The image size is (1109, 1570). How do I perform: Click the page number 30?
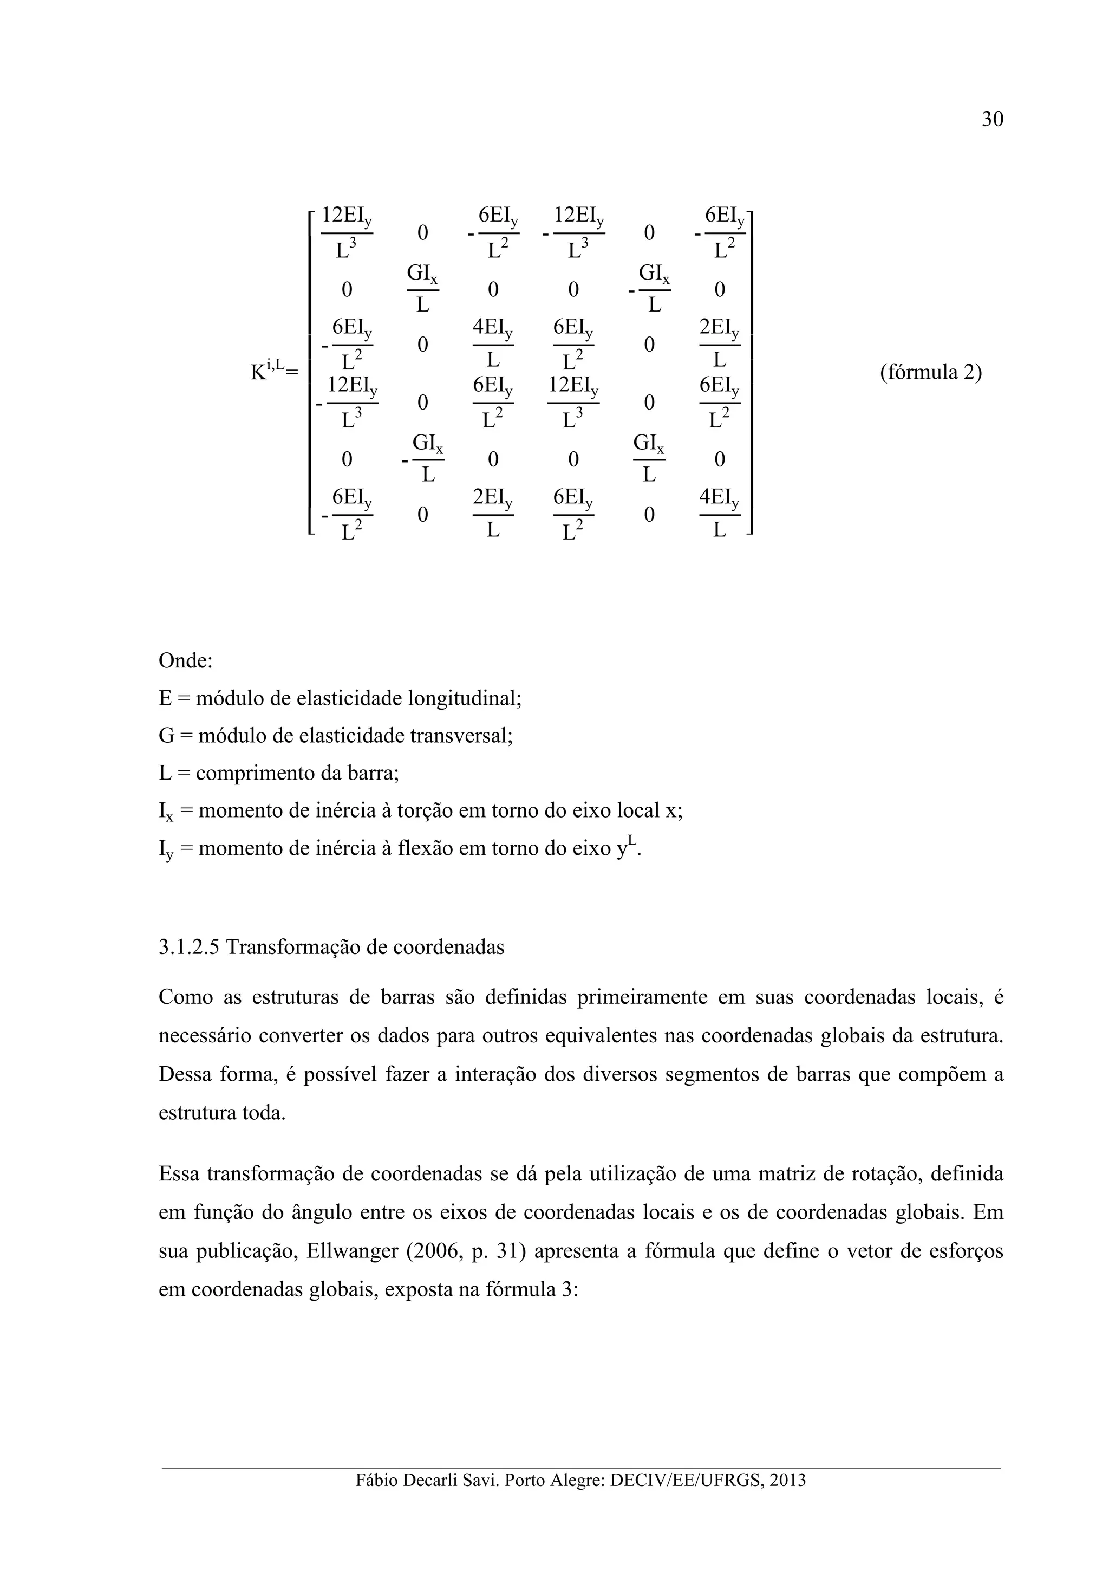[991, 119]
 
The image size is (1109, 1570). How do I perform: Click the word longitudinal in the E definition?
[465, 698]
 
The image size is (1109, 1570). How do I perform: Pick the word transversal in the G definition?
[461, 736]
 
